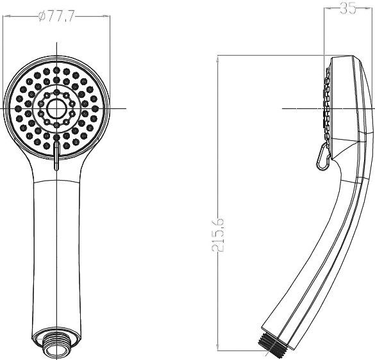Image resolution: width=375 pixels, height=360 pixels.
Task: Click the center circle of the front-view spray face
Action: click(x=57, y=108)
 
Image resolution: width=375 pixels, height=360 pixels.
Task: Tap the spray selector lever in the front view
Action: click(x=57, y=156)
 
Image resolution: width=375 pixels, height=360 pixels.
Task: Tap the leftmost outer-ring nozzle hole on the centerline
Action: click(x=19, y=108)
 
